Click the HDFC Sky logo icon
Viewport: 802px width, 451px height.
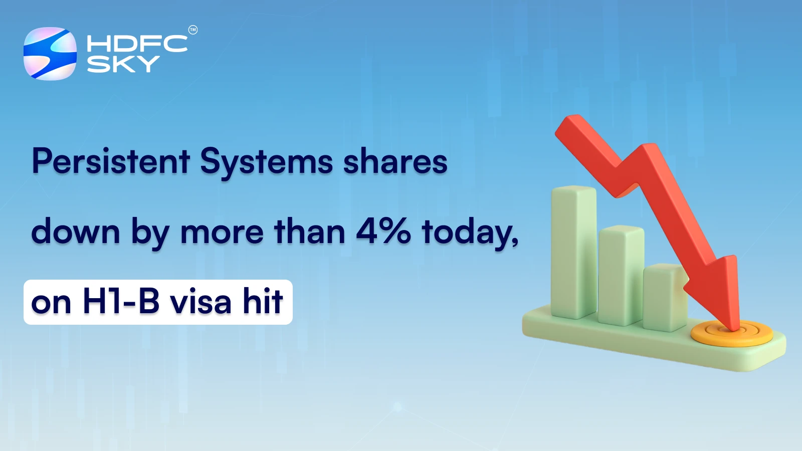click(50, 54)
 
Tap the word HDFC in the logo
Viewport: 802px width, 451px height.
click(137, 44)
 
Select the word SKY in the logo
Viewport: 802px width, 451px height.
click(123, 64)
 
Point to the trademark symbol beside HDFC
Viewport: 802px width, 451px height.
click(193, 30)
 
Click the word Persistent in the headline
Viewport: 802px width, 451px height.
click(111, 161)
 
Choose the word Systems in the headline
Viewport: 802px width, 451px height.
click(267, 162)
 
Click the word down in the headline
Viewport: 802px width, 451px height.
click(76, 232)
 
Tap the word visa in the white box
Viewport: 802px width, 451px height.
click(201, 302)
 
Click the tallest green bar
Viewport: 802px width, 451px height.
click(573, 251)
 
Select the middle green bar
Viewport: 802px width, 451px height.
click(621, 273)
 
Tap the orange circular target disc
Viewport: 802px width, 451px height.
click(732, 334)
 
